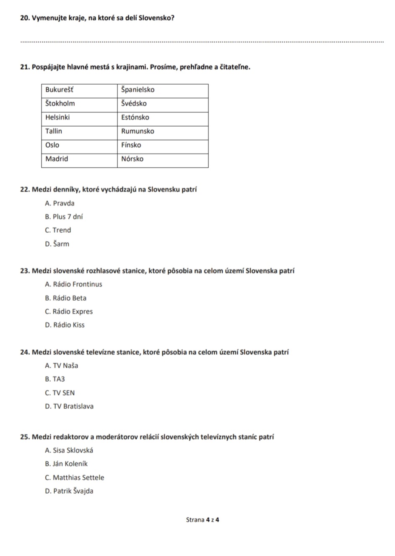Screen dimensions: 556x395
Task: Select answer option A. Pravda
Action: coord(60,203)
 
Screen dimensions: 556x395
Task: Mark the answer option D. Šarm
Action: coord(57,244)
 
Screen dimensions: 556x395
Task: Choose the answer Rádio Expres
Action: coord(69,312)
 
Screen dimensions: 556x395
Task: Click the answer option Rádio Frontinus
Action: coord(73,284)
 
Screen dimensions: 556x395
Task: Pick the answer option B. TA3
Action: coord(55,379)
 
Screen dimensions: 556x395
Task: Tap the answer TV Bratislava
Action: coord(69,406)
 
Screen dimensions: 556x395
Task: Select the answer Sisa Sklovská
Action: coord(69,450)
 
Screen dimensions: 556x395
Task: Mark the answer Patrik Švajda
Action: coord(69,491)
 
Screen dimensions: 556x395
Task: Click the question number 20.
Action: coord(25,18)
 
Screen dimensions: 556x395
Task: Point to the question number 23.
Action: coord(25,271)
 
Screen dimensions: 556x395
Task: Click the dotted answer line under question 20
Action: coord(201,41)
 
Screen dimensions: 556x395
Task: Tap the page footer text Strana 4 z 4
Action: coord(203,520)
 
